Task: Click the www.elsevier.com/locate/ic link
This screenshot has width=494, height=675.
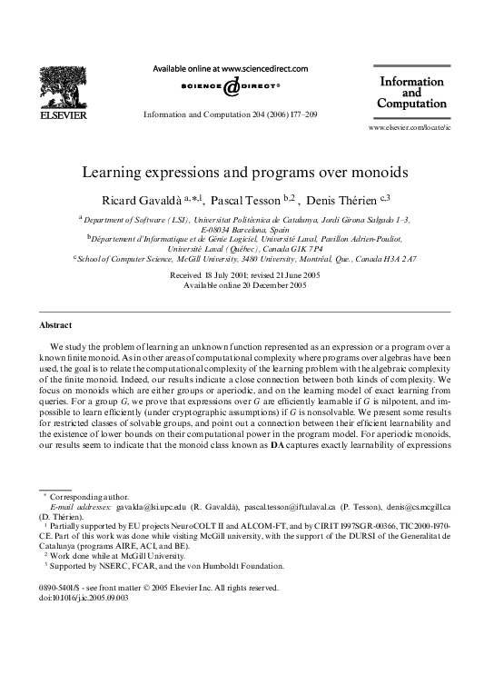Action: (409, 129)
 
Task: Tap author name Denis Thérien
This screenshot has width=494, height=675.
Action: (345, 198)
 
